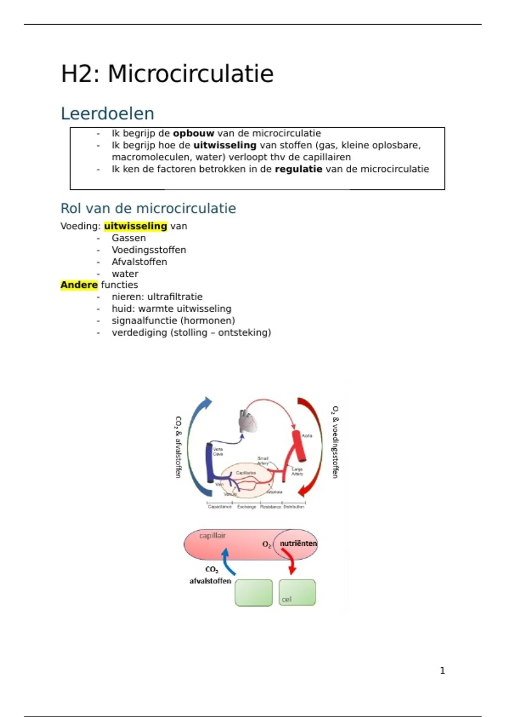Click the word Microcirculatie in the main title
191,74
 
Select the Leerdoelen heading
108,113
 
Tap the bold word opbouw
194,133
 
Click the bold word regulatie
298,169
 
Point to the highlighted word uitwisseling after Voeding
135,226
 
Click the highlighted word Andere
79,285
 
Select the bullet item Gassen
129,238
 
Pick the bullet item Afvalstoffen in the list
139,261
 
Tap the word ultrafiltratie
175,297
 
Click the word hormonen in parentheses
213,321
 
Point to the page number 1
442,670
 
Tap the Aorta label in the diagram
307,436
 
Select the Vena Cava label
218,451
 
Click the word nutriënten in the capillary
298,543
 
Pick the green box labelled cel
297,593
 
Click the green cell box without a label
253,593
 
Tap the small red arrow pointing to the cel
289,561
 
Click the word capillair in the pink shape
213,536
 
